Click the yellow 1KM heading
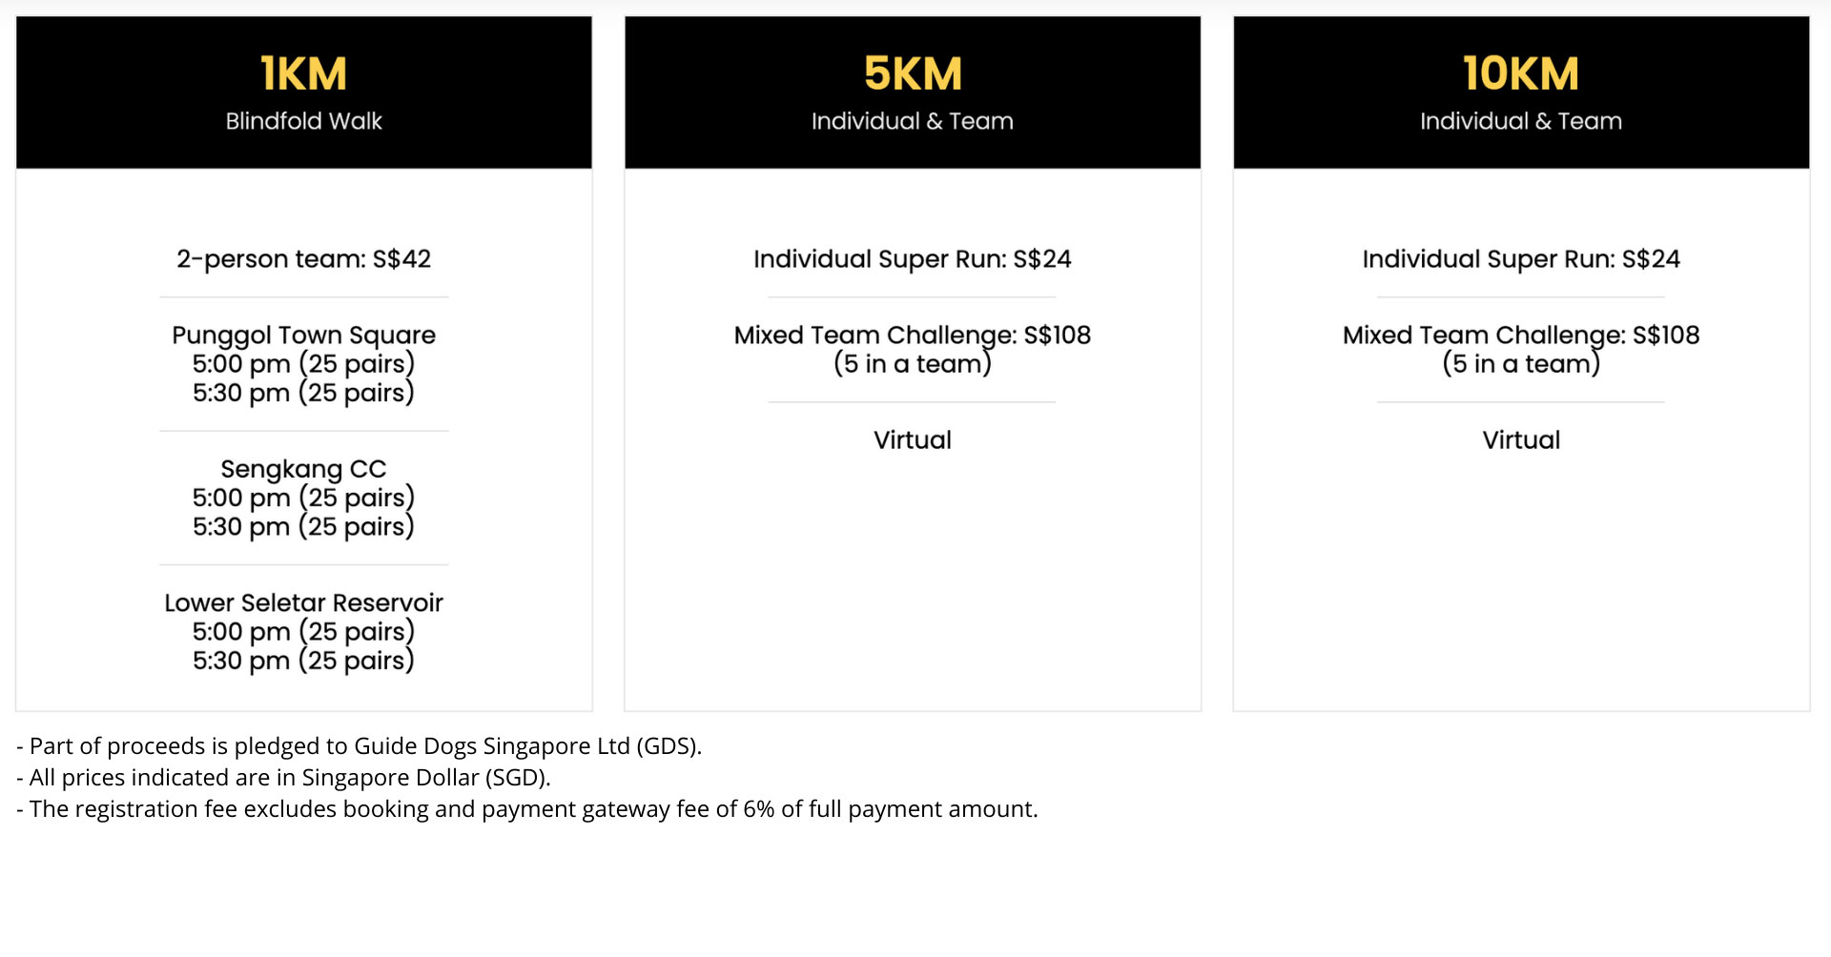coord(303,74)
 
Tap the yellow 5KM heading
coord(913,74)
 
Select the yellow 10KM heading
coord(1521,74)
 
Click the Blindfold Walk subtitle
coord(303,121)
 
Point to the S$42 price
coord(401,259)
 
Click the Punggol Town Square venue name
coord(303,336)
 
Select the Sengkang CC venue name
coord(303,469)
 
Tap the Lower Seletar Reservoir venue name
coord(303,602)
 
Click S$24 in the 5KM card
coord(1042,259)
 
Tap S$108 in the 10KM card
coord(1666,336)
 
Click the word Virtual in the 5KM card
coord(913,440)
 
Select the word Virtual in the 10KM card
coord(1521,440)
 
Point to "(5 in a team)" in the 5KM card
coord(913,364)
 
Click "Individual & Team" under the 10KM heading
coord(1521,121)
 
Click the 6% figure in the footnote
coord(759,809)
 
